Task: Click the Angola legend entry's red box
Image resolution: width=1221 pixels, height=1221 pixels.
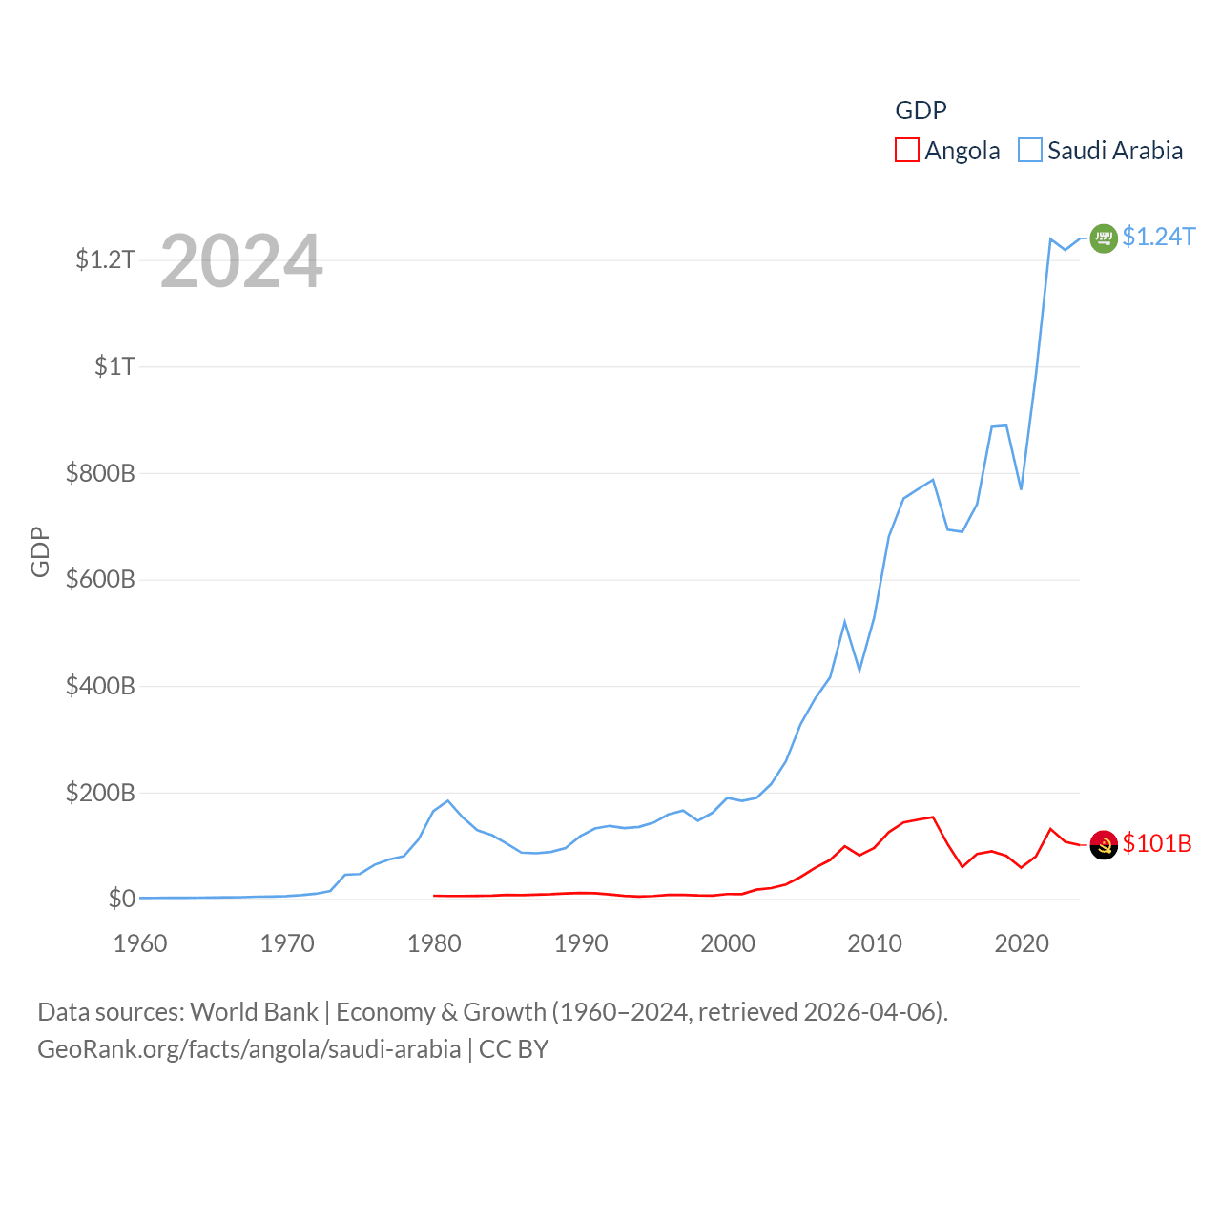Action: tap(906, 150)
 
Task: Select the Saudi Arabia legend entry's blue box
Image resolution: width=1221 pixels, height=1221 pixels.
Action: tap(1030, 150)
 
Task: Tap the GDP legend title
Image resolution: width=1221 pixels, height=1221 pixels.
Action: tap(921, 111)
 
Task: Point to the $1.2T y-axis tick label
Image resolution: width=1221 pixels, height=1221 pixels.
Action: tap(105, 259)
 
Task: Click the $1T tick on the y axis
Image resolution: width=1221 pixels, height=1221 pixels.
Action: tap(114, 366)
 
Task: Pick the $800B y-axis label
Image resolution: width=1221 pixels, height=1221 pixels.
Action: tap(100, 473)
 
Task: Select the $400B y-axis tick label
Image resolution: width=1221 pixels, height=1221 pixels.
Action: tap(100, 686)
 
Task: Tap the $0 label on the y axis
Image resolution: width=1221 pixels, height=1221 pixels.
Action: tap(121, 899)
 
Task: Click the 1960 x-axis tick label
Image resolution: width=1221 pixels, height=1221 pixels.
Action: tap(140, 943)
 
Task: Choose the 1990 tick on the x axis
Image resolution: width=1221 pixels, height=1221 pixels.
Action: tap(581, 943)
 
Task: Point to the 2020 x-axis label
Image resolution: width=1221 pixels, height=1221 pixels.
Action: tap(1022, 943)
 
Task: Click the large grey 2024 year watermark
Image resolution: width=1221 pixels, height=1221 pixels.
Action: tap(241, 261)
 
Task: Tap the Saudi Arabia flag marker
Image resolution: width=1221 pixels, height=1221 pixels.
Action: tap(1104, 238)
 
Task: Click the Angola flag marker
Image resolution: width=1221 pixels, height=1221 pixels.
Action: tap(1104, 844)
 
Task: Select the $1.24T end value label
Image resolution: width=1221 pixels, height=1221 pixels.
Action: tap(1158, 237)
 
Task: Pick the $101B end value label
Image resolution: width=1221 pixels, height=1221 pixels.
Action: tap(1157, 843)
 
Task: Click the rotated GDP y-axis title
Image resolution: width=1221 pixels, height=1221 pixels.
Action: tap(40, 551)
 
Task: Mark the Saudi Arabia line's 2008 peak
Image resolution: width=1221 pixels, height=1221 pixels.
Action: tap(844, 622)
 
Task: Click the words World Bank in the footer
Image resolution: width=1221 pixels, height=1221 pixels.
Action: tap(254, 1011)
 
